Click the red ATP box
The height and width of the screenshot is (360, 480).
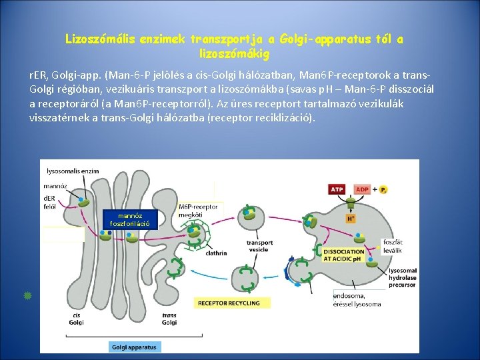(337, 189)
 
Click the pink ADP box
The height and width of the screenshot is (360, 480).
(362, 189)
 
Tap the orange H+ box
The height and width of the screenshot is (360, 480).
(351, 218)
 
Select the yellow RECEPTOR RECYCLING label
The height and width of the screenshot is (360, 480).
(226, 303)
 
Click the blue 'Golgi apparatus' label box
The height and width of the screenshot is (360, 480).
(134, 347)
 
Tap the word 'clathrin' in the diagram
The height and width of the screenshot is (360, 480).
(217, 253)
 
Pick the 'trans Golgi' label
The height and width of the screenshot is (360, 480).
(169, 319)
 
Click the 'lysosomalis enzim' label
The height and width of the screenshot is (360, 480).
(73, 171)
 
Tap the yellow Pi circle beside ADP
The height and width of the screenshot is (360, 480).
(384, 190)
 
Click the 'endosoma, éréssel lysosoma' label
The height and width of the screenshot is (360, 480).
(357, 299)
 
